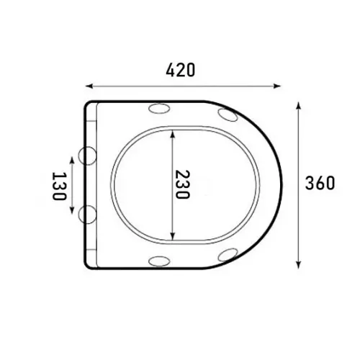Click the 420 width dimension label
181,70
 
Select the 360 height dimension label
320,183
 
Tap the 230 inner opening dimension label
182,184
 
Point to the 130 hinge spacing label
59,186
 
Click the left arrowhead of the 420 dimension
89,86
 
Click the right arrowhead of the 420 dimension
277,86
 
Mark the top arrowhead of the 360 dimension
298,106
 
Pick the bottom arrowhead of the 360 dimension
298,265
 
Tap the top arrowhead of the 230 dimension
172,134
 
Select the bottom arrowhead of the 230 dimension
172,236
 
